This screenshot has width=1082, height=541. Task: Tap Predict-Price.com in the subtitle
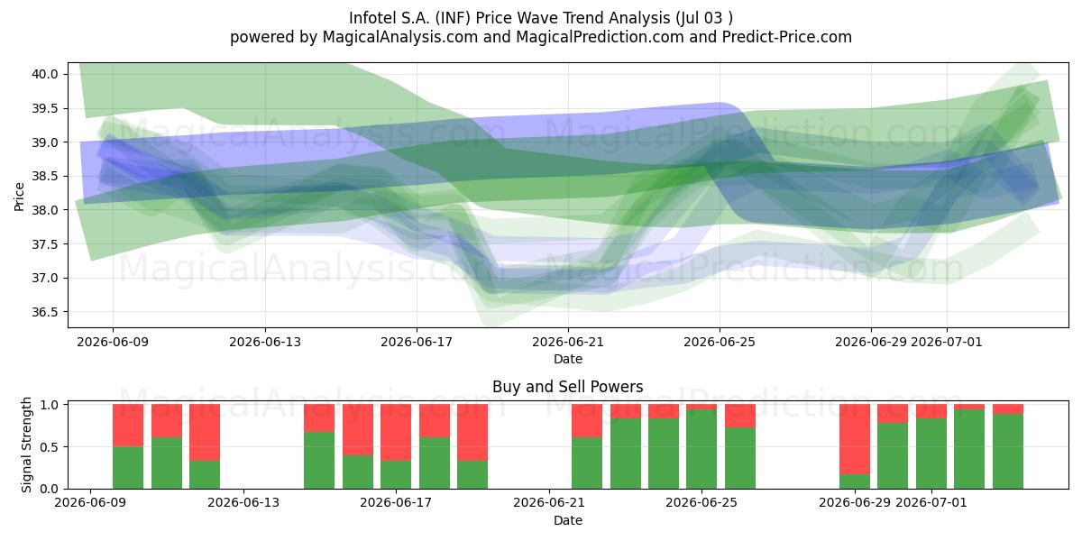(x=787, y=37)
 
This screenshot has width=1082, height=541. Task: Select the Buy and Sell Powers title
(x=567, y=387)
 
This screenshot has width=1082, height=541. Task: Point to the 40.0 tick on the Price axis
(x=45, y=74)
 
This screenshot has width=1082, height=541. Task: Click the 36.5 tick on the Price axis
(x=45, y=312)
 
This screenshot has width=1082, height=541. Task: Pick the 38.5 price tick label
(x=45, y=177)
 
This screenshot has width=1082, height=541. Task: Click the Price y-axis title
(x=19, y=197)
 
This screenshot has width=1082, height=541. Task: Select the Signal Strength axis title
(x=26, y=445)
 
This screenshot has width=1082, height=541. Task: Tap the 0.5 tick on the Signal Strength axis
(x=50, y=447)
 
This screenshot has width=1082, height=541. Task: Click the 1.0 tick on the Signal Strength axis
(x=50, y=405)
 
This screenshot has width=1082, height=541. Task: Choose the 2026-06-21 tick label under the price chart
(x=568, y=342)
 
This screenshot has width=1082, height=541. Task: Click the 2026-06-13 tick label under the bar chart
(x=243, y=503)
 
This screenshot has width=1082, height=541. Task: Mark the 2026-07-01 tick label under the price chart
(x=947, y=342)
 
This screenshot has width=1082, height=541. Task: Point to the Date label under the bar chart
(x=567, y=520)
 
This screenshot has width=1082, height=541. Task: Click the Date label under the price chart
(x=567, y=359)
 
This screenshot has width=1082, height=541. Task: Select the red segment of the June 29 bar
(x=855, y=439)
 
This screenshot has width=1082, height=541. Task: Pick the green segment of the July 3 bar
(x=1008, y=451)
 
